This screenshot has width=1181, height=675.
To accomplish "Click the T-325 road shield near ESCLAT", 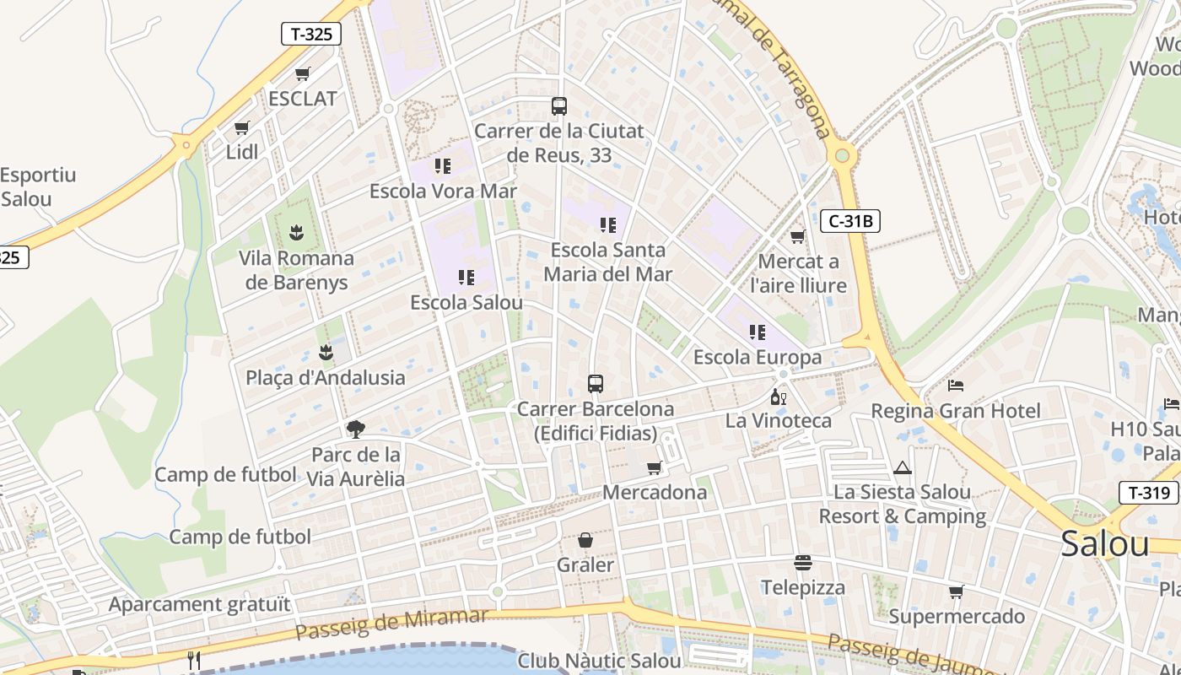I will coord(311,34).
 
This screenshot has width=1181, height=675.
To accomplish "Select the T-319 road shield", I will coord(1148,493).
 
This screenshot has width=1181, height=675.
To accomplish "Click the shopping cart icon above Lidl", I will coord(242,128).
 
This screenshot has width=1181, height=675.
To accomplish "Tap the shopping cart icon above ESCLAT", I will coord(303,74).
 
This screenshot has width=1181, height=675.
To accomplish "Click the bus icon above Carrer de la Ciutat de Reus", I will coord(558,106).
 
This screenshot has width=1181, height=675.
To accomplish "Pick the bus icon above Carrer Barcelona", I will coord(596,384).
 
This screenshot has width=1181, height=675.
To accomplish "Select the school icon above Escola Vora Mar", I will coord(443,166).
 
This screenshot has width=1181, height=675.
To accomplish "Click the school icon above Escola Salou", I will coord(466,277).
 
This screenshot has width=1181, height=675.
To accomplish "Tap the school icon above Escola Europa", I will coord(758,332).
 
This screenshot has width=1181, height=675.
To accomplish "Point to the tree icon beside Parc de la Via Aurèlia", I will coord(356,429).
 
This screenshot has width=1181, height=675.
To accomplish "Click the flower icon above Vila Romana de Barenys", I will coord(296,232).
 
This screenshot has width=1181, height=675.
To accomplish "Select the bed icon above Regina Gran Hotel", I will coord(956,386).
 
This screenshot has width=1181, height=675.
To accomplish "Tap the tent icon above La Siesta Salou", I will coord(903,467).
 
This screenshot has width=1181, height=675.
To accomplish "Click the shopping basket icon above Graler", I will coord(585,540).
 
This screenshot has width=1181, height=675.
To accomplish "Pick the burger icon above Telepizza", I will coord(803,562).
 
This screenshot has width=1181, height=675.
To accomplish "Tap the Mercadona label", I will coord(655,492).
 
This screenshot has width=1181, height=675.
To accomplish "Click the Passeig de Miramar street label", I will coord(392,624).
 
